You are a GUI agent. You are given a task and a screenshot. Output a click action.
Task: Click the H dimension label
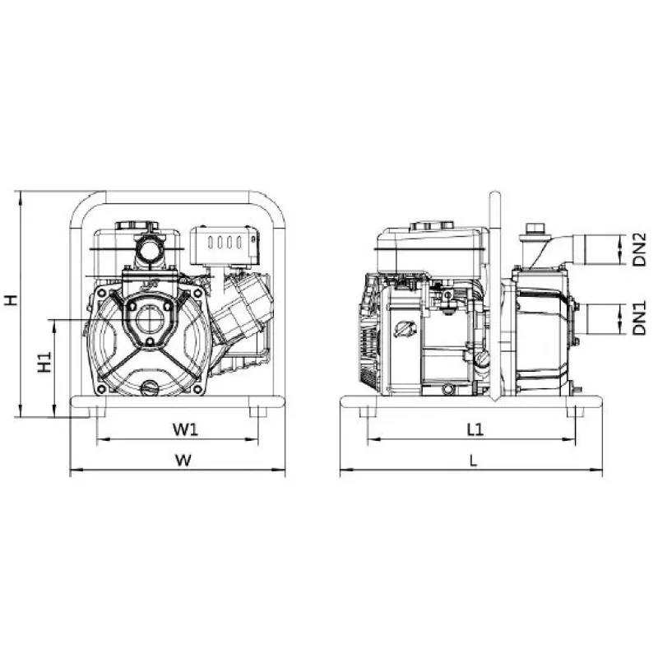[x=11, y=299]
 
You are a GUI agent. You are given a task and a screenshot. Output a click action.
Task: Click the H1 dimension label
[x=44, y=362]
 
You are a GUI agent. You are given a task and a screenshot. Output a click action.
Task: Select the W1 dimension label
[x=185, y=429]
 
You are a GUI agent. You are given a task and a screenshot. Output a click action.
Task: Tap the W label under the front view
[x=183, y=460]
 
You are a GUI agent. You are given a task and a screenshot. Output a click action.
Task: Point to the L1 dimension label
[x=475, y=429]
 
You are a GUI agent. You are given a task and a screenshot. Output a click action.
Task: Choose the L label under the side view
[x=474, y=461]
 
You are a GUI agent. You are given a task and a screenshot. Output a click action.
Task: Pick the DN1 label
[x=640, y=318]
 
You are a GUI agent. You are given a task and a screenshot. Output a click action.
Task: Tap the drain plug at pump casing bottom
[x=149, y=387]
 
